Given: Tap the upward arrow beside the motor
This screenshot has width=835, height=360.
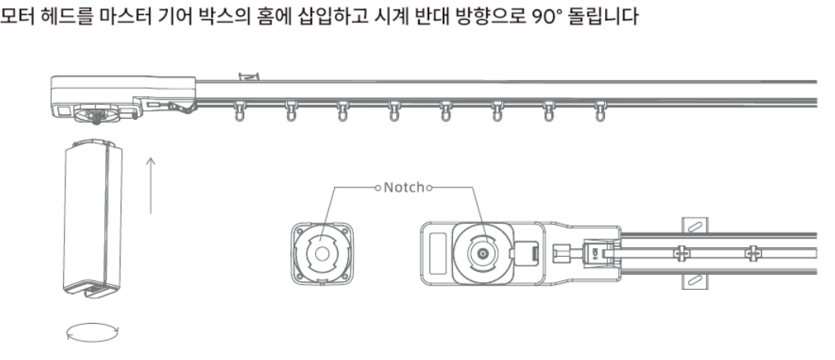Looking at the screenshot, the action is [151, 185].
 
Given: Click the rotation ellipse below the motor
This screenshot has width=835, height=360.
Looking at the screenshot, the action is [93, 331].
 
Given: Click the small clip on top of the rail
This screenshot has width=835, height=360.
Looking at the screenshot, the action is [248, 76].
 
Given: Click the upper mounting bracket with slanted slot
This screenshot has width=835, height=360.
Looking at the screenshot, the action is [693, 225].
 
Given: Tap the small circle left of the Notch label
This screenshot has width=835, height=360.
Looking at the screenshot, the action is [378, 188].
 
